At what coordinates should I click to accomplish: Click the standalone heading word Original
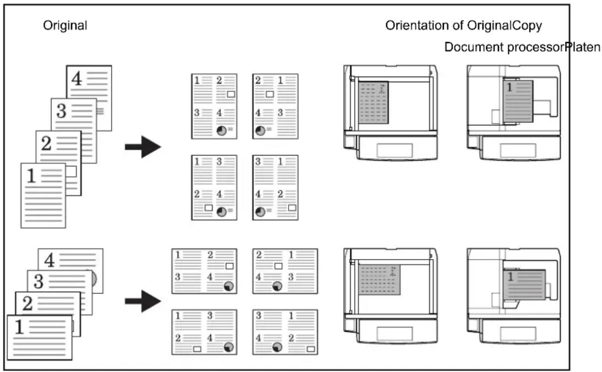pos(65,26)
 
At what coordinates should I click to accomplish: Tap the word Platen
pos(583,47)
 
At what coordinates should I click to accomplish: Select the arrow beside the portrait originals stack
pos(143,146)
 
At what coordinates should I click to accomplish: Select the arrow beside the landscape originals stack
pos(143,301)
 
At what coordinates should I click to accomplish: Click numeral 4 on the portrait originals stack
pos(77,79)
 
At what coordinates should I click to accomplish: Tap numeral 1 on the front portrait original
pos(31,176)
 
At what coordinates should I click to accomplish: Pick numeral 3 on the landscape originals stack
pos(39,281)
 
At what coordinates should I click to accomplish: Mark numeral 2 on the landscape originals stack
pos(27,303)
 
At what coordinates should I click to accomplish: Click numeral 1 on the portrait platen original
pos(509,87)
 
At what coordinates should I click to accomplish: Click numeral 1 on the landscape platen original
pos(511,276)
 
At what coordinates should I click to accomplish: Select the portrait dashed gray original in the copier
pos(373,102)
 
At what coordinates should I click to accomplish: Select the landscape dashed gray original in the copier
pos(379,280)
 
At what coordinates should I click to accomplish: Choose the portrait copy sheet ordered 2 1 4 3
pos(275,106)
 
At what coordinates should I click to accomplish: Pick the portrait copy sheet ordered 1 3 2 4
pos(214,188)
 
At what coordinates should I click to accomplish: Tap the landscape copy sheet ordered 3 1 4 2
pos(285,332)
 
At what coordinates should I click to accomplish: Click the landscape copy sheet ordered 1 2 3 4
pos(204,271)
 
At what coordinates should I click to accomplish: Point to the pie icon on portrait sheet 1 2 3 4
pos(221,130)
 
